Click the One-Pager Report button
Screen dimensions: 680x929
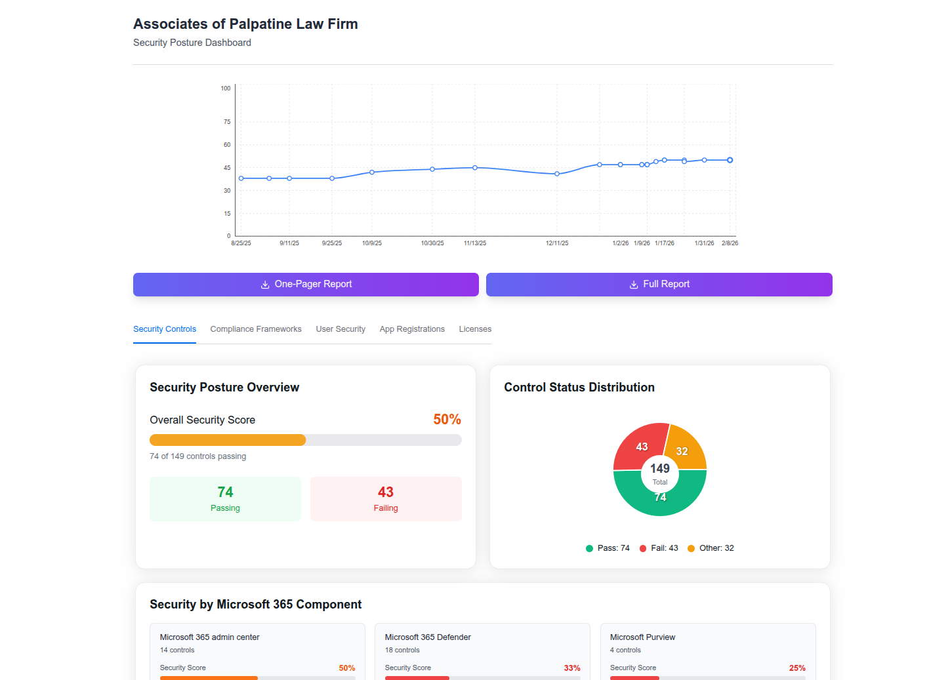tap(306, 285)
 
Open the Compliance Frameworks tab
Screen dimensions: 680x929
tap(256, 329)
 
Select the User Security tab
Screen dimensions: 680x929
tap(341, 329)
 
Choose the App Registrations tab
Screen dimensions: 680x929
tap(412, 329)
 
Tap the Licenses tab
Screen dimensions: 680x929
tap(475, 329)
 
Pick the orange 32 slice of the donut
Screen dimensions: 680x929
tap(685, 449)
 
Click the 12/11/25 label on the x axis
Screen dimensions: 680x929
tap(557, 243)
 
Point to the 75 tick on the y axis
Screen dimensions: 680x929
tap(227, 122)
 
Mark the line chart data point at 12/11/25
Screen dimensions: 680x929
tap(557, 174)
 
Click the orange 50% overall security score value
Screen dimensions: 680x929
tap(447, 420)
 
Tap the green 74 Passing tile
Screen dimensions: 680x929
tap(225, 499)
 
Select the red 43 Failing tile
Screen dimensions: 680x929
tap(386, 499)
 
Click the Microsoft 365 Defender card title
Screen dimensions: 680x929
tap(428, 637)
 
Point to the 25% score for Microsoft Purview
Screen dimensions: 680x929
tap(797, 668)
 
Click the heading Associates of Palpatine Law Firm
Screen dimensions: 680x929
tap(245, 24)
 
